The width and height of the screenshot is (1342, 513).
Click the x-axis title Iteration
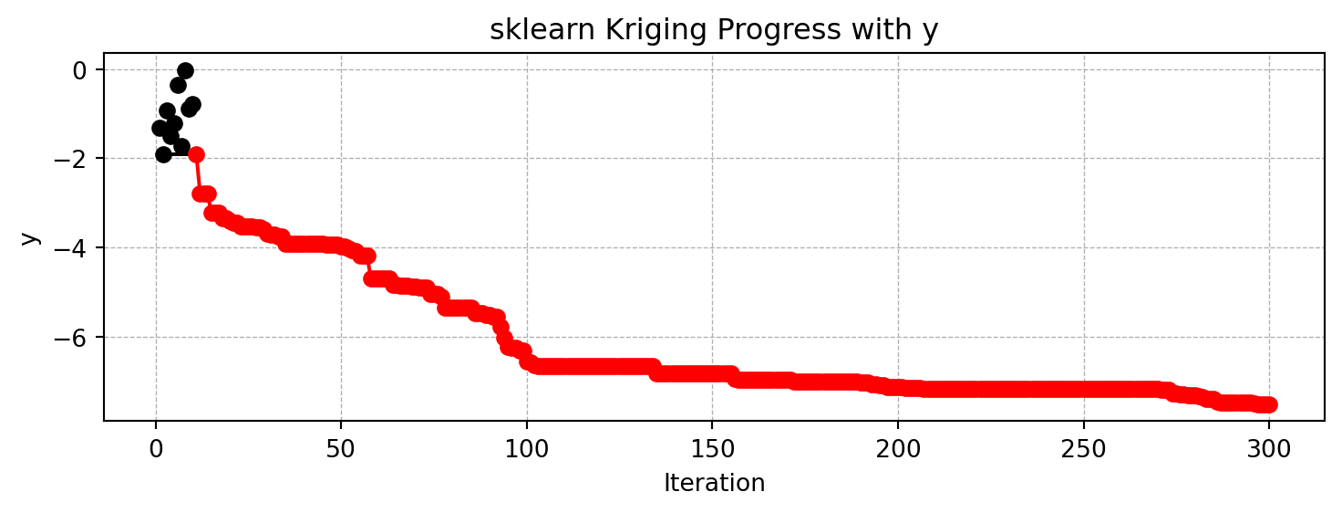point(714,483)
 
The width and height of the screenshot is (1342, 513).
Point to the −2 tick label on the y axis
point(76,159)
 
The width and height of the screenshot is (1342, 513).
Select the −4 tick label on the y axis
point(76,248)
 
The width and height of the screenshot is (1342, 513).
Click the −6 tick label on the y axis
point(76,338)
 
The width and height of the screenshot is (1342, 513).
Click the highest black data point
point(185,70)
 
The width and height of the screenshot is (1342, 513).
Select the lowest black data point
point(163,154)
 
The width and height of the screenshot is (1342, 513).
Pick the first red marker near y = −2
point(196,154)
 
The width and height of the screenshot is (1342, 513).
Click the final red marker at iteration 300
point(1269,404)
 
